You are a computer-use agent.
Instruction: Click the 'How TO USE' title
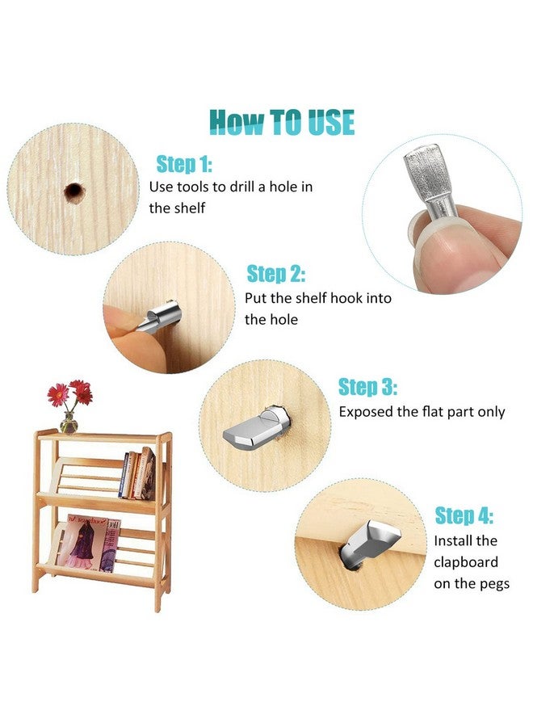tap(282, 122)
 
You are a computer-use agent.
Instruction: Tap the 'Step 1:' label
tap(184, 164)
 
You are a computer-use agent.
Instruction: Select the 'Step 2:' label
tap(275, 274)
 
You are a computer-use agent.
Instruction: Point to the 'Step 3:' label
tap(367, 387)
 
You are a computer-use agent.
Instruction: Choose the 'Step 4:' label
tap(464, 515)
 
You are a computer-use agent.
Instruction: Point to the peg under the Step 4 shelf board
tap(368, 544)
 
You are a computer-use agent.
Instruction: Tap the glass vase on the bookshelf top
tap(69, 422)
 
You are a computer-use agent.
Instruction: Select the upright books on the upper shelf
tap(136, 473)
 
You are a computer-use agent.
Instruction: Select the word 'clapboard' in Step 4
tap(466, 562)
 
